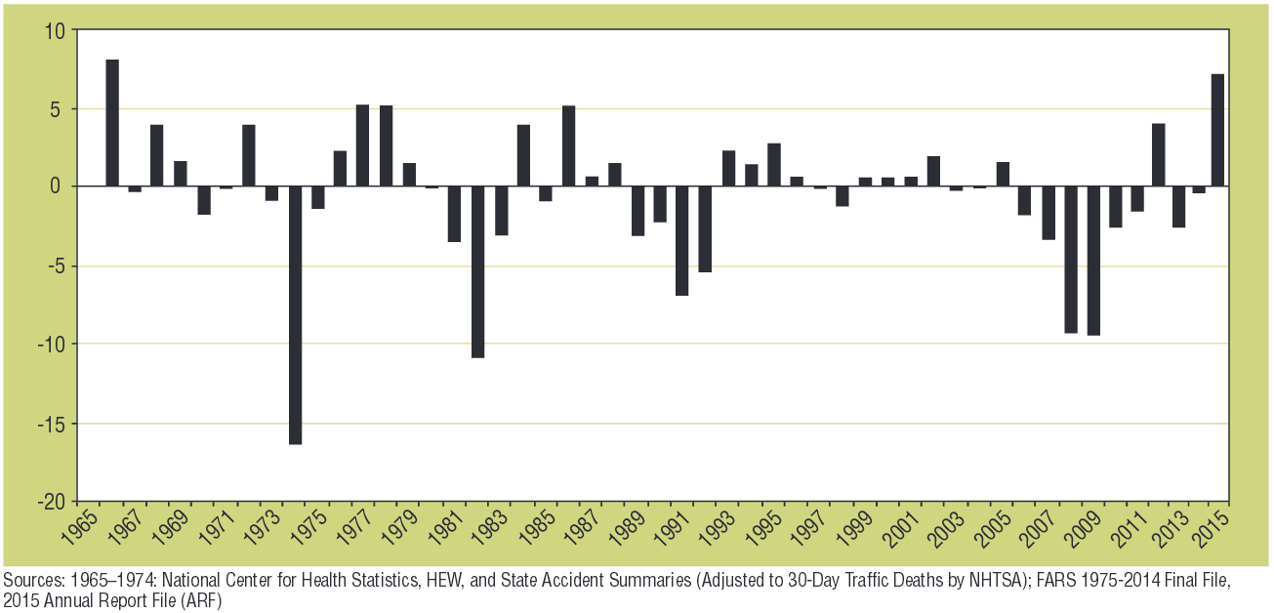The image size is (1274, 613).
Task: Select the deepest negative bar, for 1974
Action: pyautogui.click(x=295, y=315)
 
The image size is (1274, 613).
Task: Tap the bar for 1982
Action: pyautogui.click(x=477, y=272)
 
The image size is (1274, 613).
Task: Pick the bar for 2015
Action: pyautogui.click(x=1217, y=130)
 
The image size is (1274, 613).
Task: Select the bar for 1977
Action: pyautogui.click(x=362, y=145)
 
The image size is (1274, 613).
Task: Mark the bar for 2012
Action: pyautogui.click(x=1159, y=155)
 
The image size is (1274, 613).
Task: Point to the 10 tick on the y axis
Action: pyautogui.click(x=54, y=31)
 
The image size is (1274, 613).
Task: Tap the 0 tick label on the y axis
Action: pyautogui.click(x=59, y=186)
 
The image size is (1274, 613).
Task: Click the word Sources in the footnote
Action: pyautogui.click(x=30, y=583)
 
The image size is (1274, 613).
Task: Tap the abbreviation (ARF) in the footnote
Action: pyautogui.click(x=203, y=601)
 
